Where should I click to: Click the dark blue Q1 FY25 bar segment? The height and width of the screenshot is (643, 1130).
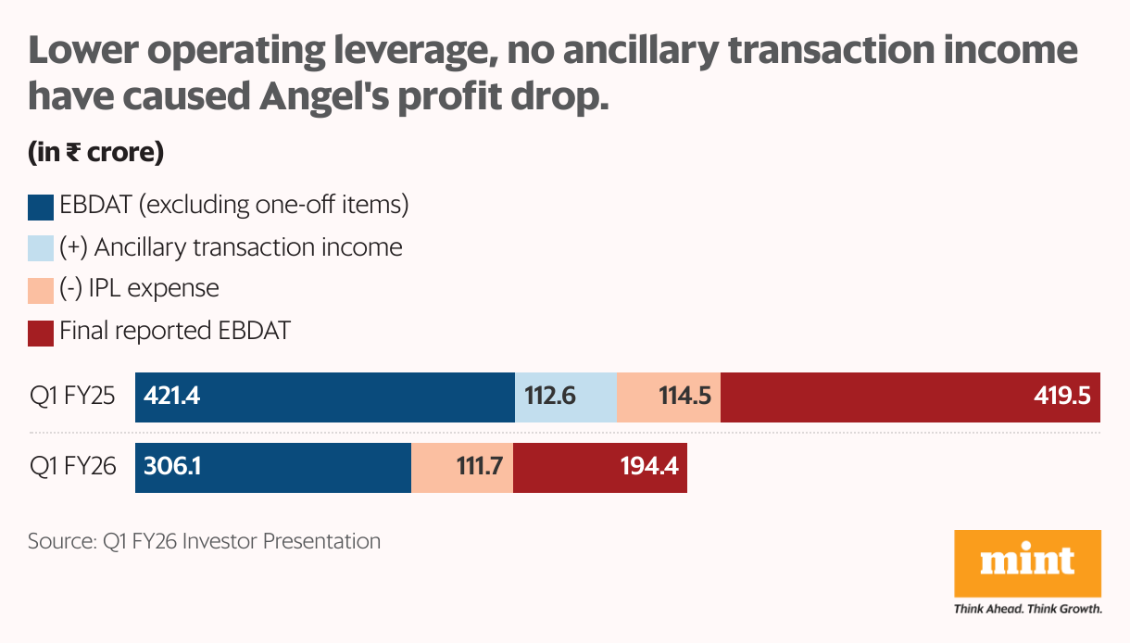324,397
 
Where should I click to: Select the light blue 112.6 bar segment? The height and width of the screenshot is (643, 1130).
565,397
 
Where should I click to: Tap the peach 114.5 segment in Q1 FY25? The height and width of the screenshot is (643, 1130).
668,397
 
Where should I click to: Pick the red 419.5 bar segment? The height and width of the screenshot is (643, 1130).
910,397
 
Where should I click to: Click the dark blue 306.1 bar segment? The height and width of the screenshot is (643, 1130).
273,468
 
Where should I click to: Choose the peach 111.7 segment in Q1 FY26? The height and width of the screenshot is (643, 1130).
461,468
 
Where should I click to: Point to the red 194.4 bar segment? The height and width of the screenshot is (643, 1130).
599,468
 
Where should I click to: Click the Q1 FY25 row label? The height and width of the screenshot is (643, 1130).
72,397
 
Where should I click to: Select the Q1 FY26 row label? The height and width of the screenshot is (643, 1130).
72,468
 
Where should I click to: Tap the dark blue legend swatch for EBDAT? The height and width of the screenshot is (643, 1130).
41,207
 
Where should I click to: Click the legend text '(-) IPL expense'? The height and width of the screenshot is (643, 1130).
139,289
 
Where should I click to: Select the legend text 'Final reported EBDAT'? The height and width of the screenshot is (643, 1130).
175,331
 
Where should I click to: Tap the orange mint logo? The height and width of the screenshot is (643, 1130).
1027,562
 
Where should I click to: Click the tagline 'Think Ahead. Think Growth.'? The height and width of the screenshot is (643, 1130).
1027,609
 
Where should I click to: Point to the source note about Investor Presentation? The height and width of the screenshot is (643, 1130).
204,541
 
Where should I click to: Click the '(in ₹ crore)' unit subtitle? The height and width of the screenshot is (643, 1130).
96,153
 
